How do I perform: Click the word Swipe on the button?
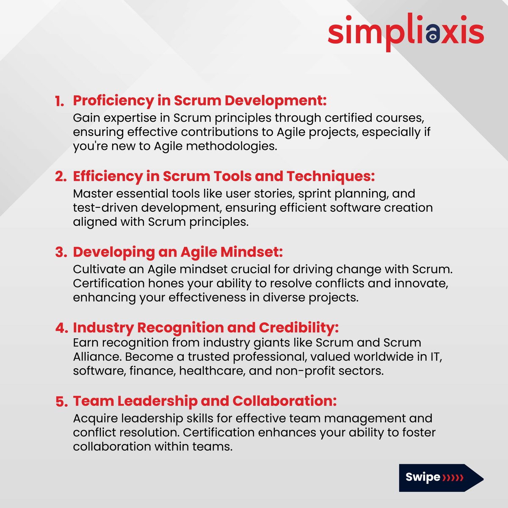(x=422, y=477)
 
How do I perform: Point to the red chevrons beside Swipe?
(x=453, y=478)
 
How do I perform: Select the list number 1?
(x=59, y=101)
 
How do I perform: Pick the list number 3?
(x=61, y=252)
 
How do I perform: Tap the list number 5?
(x=61, y=401)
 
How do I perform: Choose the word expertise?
(x=132, y=118)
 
